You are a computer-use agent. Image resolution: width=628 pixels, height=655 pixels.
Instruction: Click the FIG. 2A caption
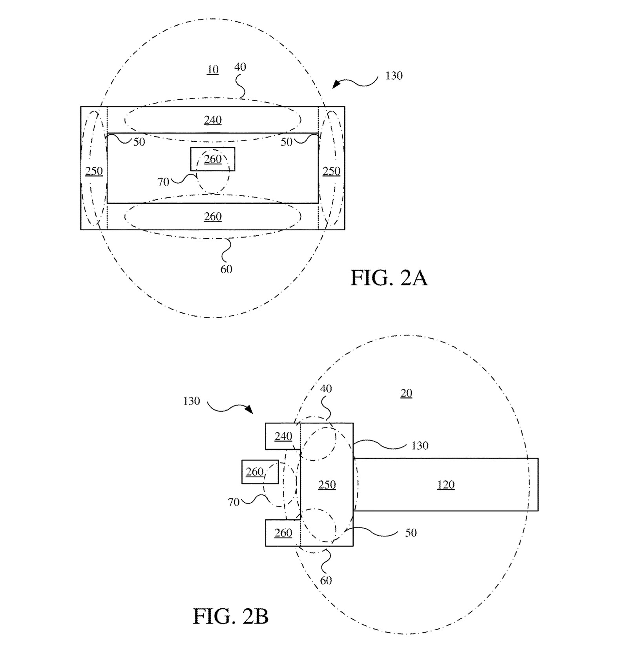pyautogui.click(x=389, y=278)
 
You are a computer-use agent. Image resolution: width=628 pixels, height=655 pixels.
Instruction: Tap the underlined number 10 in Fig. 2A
pyautogui.click(x=213, y=69)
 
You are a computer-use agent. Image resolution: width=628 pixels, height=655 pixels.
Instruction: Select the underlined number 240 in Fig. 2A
pyautogui.click(x=213, y=120)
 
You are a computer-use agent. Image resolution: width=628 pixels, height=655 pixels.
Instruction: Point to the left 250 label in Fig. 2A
pyautogui.click(x=94, y=171)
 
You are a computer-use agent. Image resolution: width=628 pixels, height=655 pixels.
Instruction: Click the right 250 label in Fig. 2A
pyautogui.click(x=331, y=171)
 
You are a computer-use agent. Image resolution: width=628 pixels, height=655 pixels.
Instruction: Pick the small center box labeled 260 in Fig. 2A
pyautogui.click(x=213, y=159)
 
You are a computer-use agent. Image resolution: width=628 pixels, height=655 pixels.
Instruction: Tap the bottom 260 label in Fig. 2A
pyautogui.click(x=213, y=216)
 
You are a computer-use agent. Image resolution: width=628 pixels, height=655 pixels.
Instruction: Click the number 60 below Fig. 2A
pyautogui.click(x=226, y=269)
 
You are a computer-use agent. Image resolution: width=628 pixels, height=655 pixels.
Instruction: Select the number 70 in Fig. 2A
pyautogui.click(x=163, y=182)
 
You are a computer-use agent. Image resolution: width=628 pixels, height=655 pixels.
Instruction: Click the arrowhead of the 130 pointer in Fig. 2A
pyautogui.click(x=335, y=85)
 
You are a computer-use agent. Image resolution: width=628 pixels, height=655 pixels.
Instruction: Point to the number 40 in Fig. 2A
pyautogui.click(x=240, y=67)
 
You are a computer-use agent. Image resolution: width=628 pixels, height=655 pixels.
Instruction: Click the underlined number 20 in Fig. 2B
pyautogui.click(x=406, y=393)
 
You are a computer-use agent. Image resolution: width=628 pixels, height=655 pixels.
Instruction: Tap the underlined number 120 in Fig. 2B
pyautogui.click(x=446, y=485)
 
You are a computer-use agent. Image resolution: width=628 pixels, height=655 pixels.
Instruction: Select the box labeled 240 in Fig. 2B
pyautogui.click(x=283, y=436)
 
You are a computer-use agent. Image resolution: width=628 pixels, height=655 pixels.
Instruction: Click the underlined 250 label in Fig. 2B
pyautogui.click(x=327, y=485)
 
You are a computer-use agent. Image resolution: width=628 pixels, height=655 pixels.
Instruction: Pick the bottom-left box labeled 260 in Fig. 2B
pyautogui.click(x=283, y=533)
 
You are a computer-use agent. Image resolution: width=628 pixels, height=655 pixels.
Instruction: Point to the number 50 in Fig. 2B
pyautogui.click(x=411, y=533)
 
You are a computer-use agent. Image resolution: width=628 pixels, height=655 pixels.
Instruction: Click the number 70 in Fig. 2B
pyautogui.click(x=234, y=502)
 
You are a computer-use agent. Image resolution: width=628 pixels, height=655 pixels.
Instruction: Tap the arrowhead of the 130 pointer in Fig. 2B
pyautogui.click(x=249, y=410)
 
